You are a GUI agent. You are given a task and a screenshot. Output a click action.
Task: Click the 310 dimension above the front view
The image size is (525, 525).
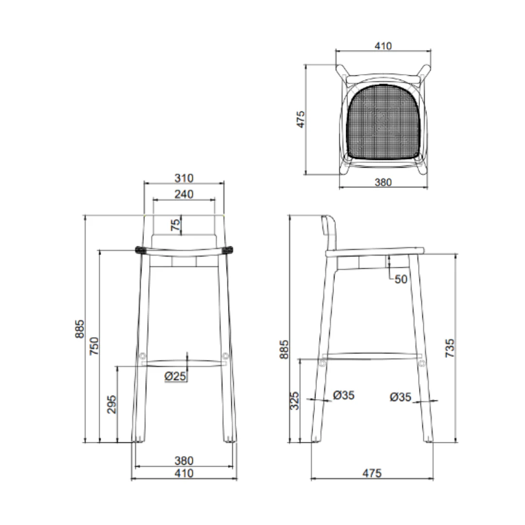(x=184, y=178)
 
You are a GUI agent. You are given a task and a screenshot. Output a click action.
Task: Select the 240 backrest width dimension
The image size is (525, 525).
(x=184, y=194)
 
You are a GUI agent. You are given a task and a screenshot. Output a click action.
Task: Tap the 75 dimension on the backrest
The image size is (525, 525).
(x=175, y=225)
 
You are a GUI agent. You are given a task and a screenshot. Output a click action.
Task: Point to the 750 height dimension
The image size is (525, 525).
(x=94, y=346)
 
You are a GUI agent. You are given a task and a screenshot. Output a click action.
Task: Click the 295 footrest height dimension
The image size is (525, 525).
(x=111, y=404)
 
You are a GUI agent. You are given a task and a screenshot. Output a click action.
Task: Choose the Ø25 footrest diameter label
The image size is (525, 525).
(x=175, y=376)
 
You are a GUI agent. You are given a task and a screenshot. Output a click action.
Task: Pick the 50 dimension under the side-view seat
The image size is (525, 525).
(x=401, y=279)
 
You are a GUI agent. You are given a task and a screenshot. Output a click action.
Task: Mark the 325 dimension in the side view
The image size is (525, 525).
(x=294, y=401)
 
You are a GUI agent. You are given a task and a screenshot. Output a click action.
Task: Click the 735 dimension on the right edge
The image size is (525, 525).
(x=450, y=348)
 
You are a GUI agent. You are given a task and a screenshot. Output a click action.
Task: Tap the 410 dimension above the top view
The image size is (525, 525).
(x=383, y=46)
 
